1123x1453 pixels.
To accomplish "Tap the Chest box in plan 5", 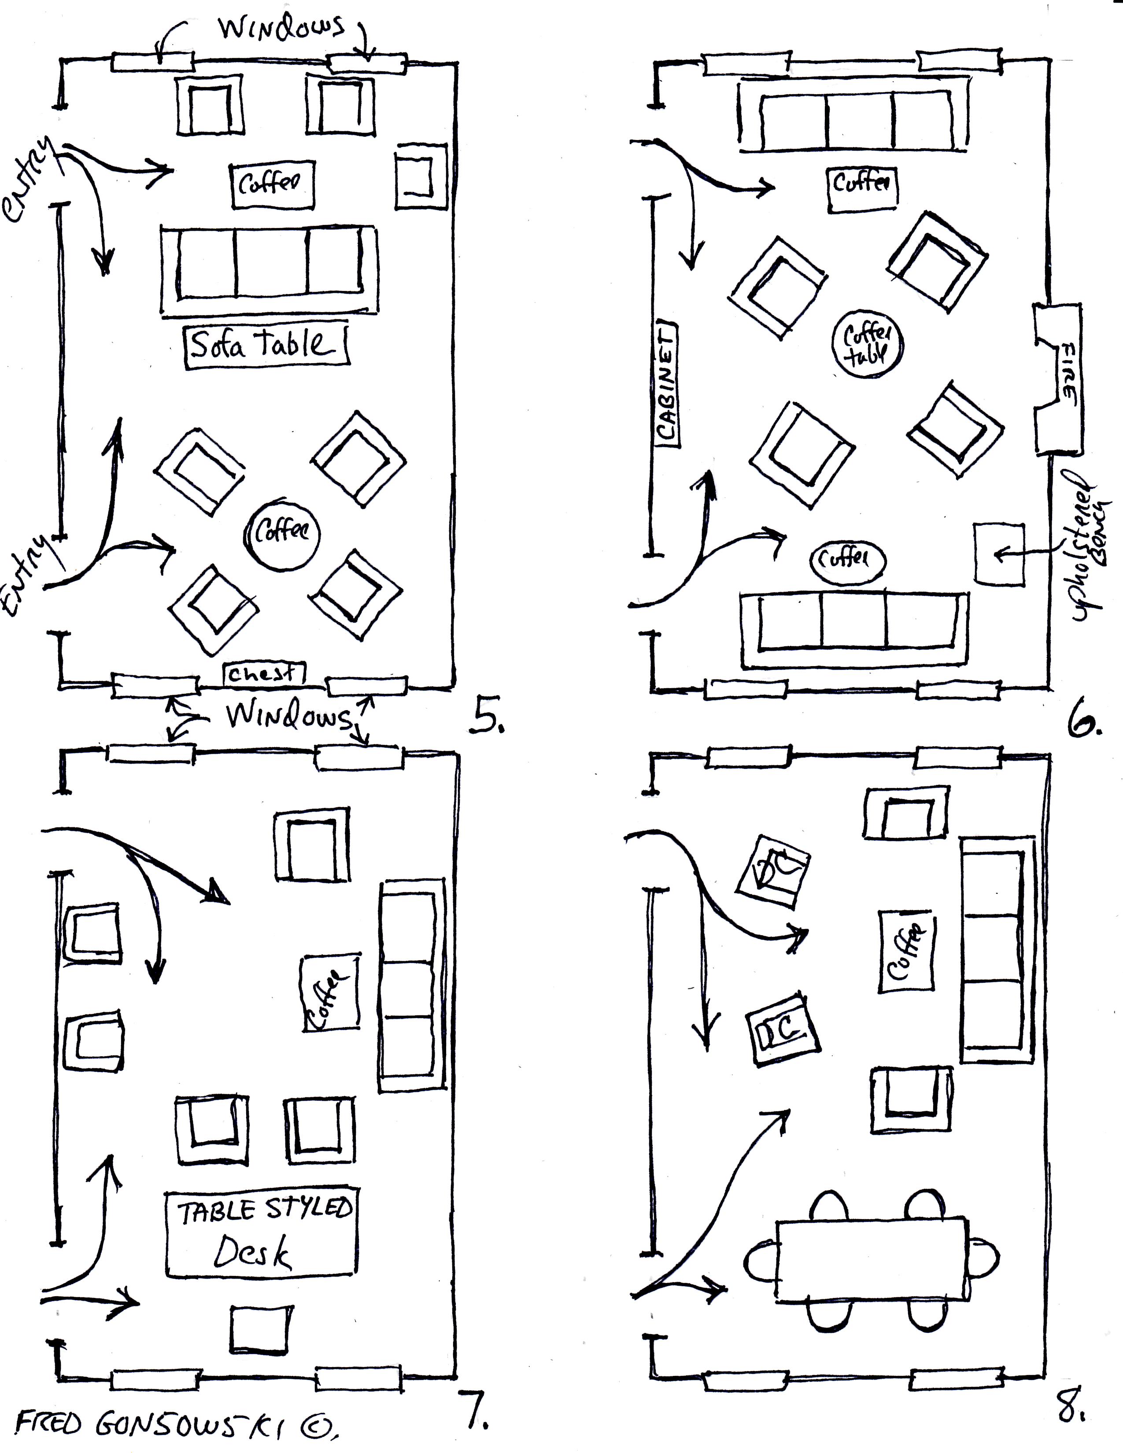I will [263, 674].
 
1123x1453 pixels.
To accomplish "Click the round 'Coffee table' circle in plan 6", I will [868, 345].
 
